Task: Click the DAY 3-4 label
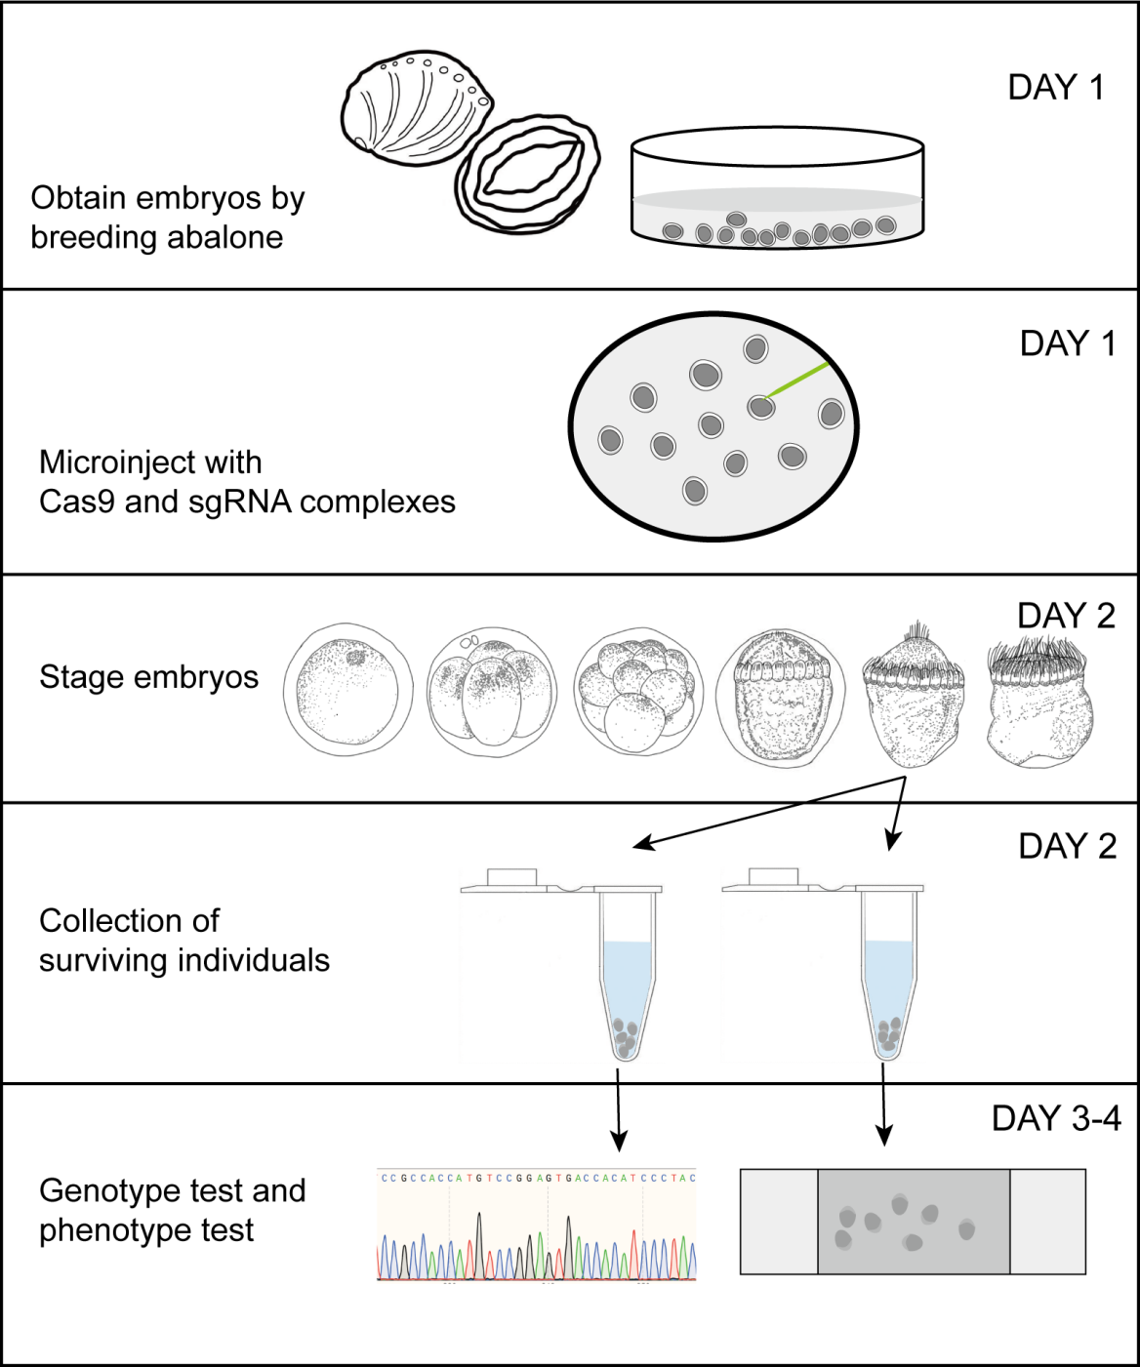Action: coord(1056,1118)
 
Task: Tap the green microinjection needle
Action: coord(798,381)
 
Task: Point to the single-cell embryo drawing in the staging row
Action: coord(347,689)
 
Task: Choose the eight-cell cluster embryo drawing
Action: coord(639,691)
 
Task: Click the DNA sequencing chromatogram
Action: coord(537,1226)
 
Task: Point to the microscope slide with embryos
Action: coord(913,1222)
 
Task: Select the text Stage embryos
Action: coord(148,677)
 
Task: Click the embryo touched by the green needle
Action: coord(761,407)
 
